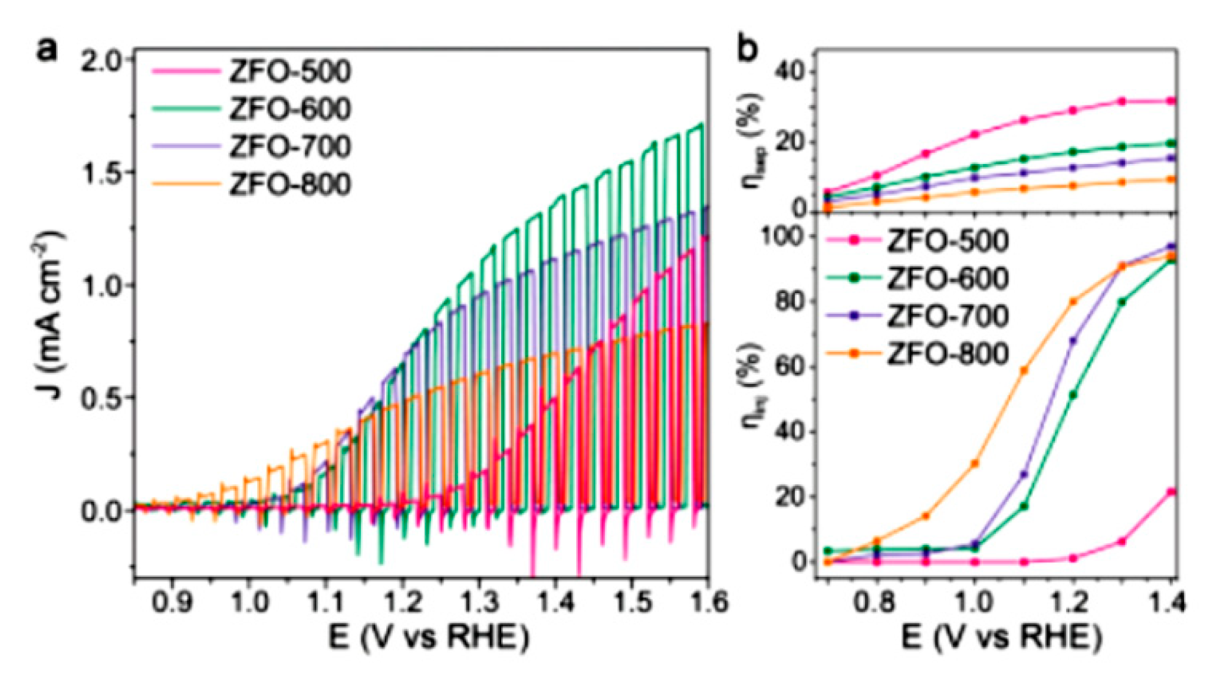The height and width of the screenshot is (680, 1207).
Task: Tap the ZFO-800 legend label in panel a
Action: (290, 184)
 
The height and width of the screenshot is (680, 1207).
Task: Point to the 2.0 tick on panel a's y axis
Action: (104, 61)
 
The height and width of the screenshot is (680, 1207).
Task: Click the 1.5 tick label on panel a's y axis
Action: (104, 172)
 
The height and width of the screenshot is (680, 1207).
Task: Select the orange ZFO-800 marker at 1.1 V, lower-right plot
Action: (1024, 370)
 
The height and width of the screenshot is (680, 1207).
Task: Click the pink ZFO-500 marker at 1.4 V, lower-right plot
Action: (1171, 491)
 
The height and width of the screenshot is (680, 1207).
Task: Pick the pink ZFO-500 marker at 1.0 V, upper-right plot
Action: (975, 134)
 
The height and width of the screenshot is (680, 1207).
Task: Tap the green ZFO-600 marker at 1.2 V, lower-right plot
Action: (1073, 395)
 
